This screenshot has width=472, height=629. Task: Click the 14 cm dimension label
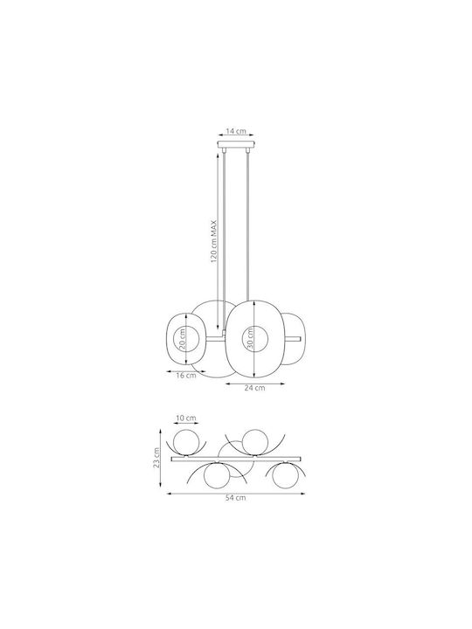[x=236, y=131]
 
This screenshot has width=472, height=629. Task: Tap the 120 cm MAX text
[x=214, y=241]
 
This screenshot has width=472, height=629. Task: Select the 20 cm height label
[x=182, y=339]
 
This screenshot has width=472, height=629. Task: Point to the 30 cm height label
[x=250, y=339]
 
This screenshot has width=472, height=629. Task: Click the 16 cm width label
[x=186, y=376]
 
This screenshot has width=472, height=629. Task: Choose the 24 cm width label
[x=255, y=388]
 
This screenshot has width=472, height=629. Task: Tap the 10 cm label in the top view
[x=186, y=418]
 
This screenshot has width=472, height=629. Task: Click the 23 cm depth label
[x=157, y=457]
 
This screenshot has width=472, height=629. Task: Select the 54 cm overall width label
[x=236, y=498]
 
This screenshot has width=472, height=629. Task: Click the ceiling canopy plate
[x=236, y=144]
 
